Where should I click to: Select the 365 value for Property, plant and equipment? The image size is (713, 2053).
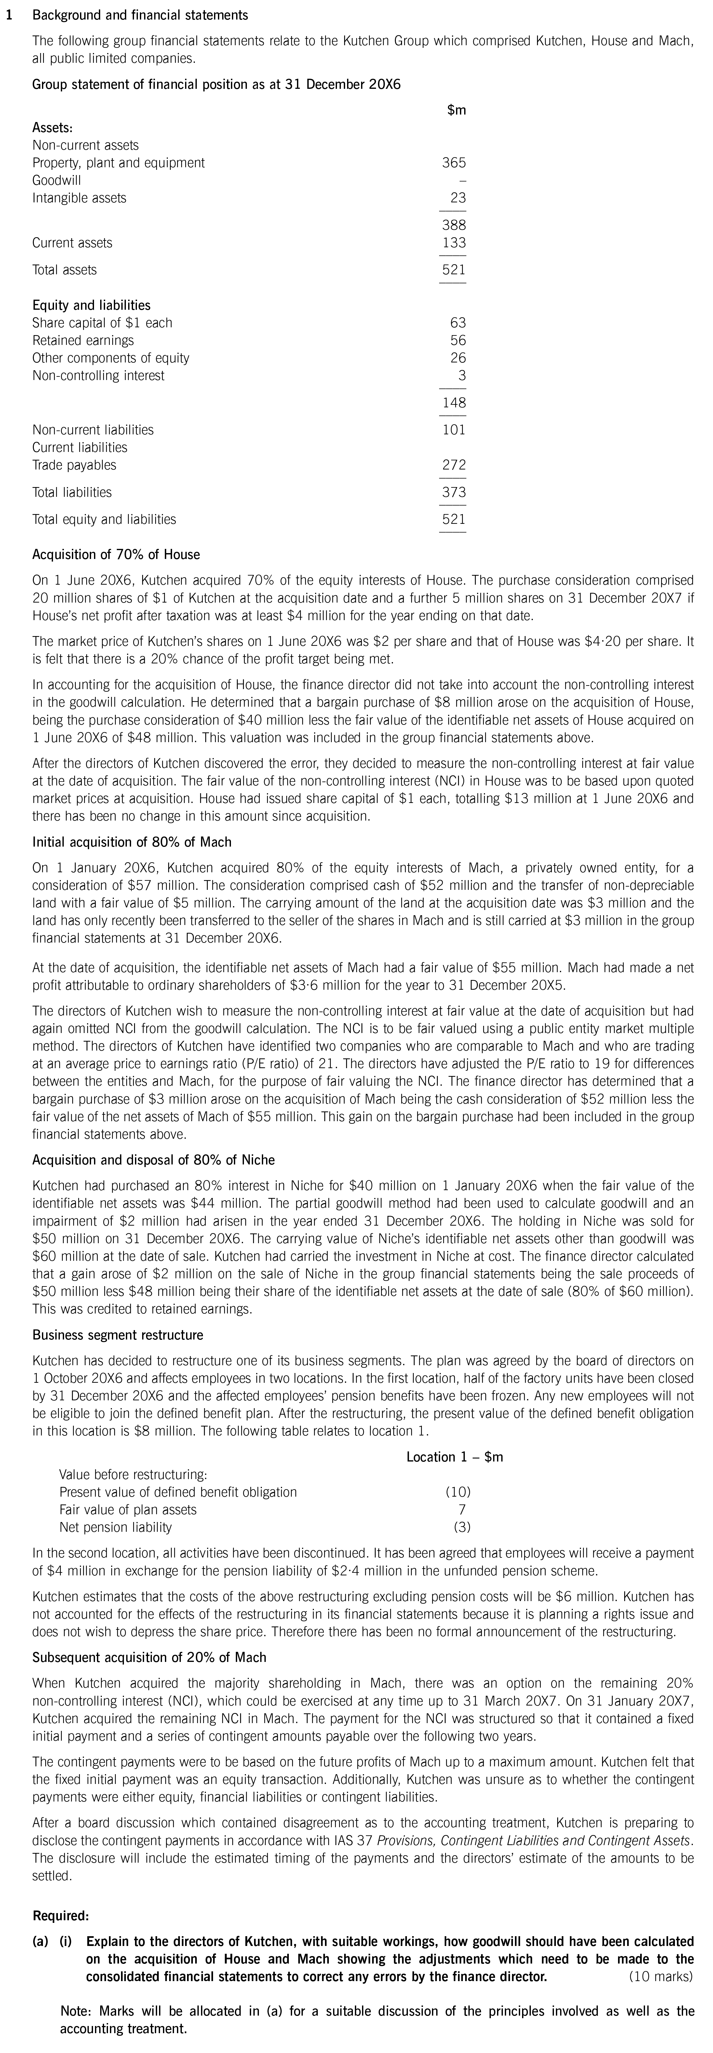(453, 163)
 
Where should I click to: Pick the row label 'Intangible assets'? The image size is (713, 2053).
(79, 197)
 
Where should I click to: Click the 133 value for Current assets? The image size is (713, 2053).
(453, 243)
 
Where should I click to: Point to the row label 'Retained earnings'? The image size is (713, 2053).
(83, 340)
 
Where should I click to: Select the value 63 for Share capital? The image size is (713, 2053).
(457, 323)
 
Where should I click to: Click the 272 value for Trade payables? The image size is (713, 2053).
(453, 465)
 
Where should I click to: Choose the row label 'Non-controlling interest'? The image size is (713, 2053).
(98, 375)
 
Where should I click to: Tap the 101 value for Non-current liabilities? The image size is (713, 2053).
(453, 429)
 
